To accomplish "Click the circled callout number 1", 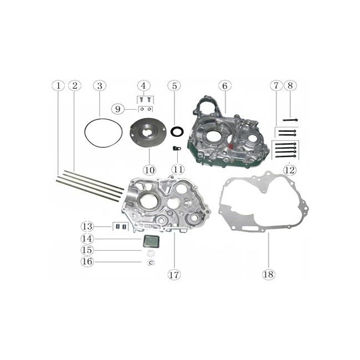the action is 58,86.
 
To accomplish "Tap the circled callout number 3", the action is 100,86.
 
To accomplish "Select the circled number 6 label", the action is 225,86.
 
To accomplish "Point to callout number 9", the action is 118,109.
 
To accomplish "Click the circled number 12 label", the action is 290,170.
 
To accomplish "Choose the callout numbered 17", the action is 174,275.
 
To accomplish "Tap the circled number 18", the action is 269,274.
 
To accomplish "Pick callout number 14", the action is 88,239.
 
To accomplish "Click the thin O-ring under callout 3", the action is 104,119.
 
